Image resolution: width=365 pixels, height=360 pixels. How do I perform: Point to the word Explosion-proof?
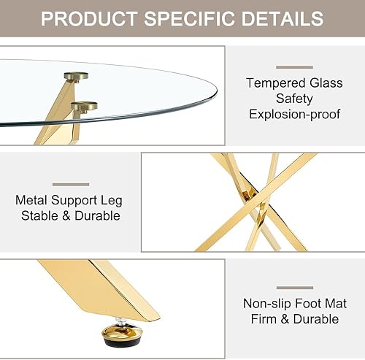point(294,115)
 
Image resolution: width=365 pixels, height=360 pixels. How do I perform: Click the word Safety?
point(294,99)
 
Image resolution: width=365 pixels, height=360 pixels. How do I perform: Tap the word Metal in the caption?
point(32,199)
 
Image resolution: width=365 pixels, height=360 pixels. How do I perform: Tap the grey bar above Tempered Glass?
point(294,67)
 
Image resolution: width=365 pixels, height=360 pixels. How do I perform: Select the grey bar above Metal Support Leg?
point(71,184)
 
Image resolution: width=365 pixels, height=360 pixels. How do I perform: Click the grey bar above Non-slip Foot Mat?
point(294,287)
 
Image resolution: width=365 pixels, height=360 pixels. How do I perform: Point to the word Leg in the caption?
point(108,199)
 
